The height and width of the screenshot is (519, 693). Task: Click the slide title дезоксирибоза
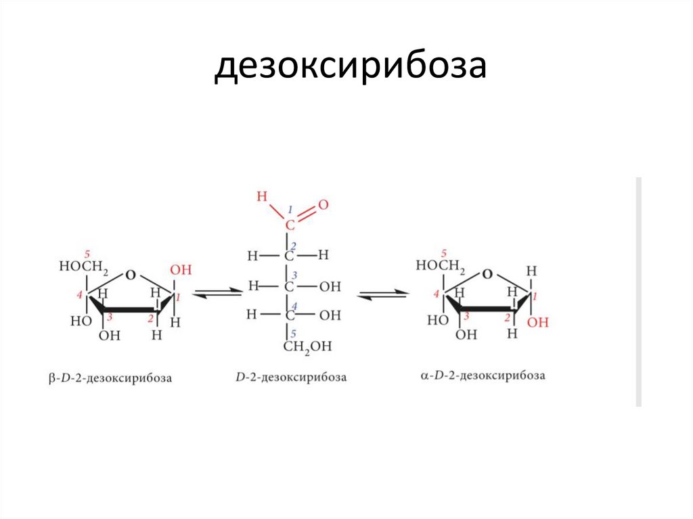coord(350,68)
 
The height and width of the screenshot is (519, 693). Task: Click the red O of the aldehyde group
coord(323,204)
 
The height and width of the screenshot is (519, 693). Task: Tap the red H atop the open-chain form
coord(263,197)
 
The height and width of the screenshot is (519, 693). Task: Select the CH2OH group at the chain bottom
coord(307,346)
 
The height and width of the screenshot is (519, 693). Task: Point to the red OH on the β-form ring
coord(181,270)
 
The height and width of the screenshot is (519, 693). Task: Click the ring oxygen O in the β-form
coord(130,275)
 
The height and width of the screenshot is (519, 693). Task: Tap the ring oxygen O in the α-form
coord(487,274)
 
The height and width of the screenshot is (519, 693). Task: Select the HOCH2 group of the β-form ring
coord(84,267)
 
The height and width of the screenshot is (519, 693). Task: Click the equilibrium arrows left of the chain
coord(217,293)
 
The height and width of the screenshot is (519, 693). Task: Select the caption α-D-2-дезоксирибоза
coord(483,375)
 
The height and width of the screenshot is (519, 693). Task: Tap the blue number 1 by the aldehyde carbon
coord(290,210)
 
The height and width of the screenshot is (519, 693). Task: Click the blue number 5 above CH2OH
coord(294,333)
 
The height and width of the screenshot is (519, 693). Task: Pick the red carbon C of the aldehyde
coord(289,225)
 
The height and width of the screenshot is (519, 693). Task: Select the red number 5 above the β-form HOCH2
coord(85,254)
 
